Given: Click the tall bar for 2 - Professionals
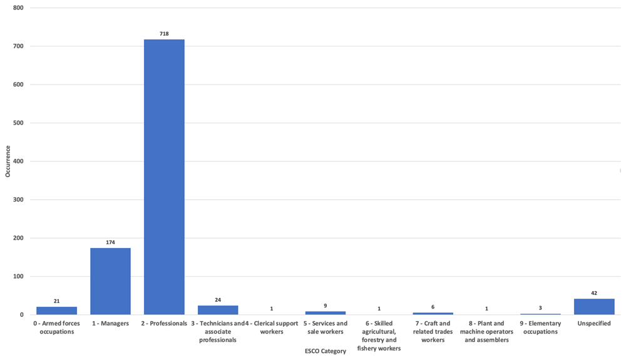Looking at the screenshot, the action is pos(164,177).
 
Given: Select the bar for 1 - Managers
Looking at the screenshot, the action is pos(110,281).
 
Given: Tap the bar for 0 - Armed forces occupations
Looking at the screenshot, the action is pos(57,311).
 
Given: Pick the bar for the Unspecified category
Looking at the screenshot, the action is pos(594,307).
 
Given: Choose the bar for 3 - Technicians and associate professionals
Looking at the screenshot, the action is pos(218,310).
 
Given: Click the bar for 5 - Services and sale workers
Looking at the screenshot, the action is pos(326,313).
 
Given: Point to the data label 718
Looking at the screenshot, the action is pos(164,34).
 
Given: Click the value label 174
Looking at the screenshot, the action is pos(110,242).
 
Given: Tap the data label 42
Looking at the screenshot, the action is pos(594,293).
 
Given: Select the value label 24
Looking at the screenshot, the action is pos(218,300).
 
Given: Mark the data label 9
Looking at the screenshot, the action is pos(326,306).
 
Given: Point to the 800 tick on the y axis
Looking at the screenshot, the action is pos(18,8).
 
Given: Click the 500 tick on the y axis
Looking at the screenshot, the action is pos(18,123).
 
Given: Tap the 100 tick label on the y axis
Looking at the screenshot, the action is pos(18,276).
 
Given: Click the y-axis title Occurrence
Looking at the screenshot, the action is pos(8,162).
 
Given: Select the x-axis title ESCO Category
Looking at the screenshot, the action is pos(326,351).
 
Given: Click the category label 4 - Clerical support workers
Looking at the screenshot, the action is pos(272,327).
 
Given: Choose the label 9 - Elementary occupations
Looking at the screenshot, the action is pos(541,327).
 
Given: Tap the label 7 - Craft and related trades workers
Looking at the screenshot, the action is pos(433,332).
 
